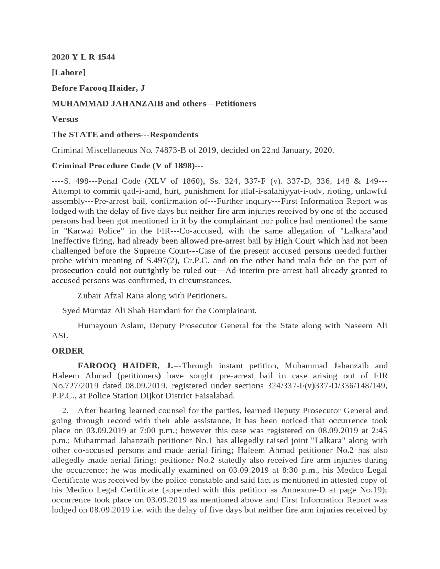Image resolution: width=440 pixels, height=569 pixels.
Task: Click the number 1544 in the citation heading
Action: tap(107, 57)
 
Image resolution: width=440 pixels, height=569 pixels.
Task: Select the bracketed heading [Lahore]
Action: tap(68, 72)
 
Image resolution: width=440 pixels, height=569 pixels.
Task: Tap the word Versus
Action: tap(65, 119)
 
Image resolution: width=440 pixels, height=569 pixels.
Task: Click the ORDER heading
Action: tap(68, 351)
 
